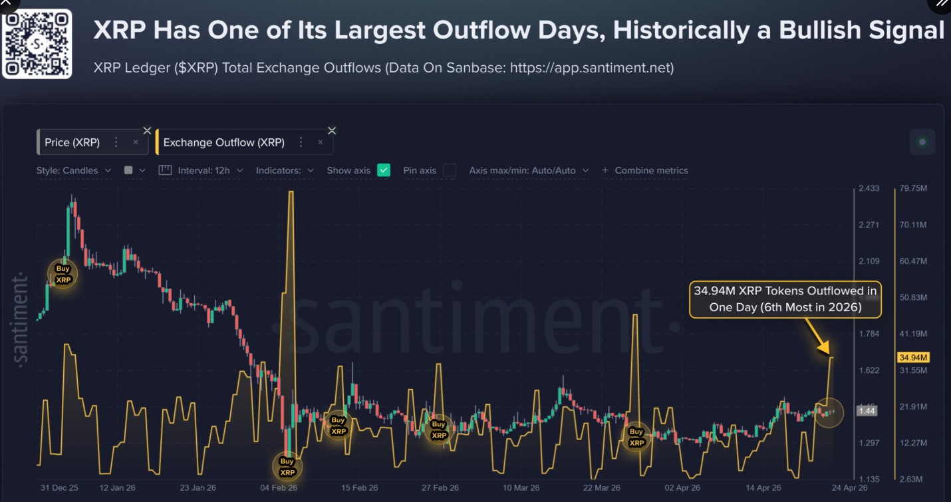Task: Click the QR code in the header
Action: [37, 44]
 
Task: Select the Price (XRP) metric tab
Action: [72, 142]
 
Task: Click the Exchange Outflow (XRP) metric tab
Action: [223, 142]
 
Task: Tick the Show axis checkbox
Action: [383, 170]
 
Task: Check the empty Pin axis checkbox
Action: [450, 170]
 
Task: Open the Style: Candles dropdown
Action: [73, 170]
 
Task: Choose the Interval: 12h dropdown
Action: [204, 170]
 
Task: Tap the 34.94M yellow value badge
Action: [913, 358]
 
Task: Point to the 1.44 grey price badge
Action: [867, 411]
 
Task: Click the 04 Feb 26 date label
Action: [279, 487]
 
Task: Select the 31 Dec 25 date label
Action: [59, 487]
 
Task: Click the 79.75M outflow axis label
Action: [913, 188]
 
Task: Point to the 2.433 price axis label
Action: [869, 188]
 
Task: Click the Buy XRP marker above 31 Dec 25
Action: [63, 274]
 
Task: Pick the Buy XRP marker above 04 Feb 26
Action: [287, 466]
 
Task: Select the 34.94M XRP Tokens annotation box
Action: [785, 299]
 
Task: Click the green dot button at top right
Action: [922, 142]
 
